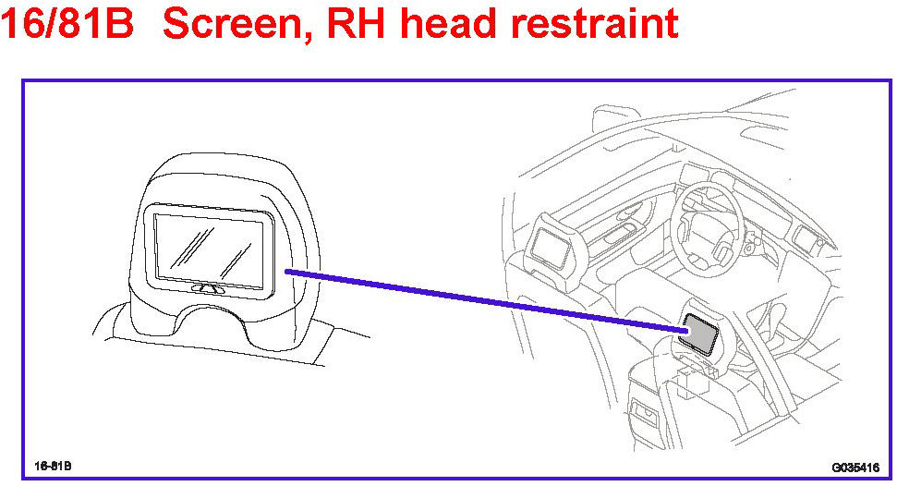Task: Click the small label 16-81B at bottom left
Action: coord(54,464)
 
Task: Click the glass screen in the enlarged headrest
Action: coord(213,248)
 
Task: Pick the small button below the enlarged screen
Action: coord(213,288)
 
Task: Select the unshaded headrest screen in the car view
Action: coord(552,244)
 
